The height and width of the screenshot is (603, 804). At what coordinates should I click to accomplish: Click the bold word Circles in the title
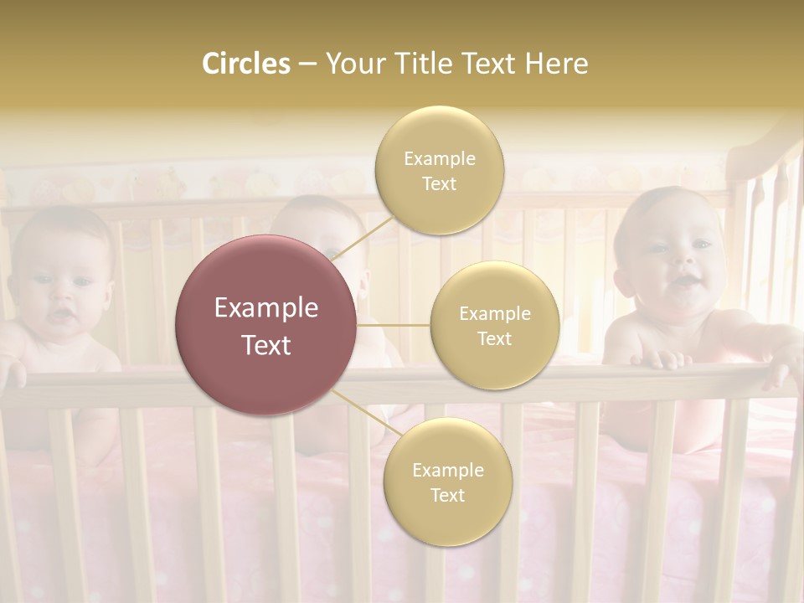coord(245,64)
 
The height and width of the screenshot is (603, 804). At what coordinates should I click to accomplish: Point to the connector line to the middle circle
coord(394,325)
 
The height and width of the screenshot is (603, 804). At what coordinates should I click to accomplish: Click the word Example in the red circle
coord(266,308)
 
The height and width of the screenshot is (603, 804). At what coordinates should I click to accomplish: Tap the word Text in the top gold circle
coord(439,184)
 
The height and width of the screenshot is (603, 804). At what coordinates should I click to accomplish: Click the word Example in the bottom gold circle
coord(447,471)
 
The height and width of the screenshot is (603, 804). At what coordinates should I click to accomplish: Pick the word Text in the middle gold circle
coord(495,339)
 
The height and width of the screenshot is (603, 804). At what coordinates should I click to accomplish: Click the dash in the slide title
coord(307,64)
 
